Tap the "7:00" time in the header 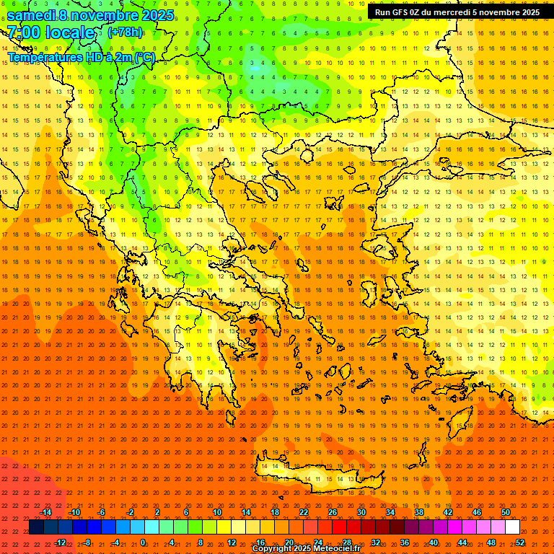pos(24,32)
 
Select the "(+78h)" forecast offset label pos(126,32)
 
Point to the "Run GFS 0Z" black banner pos(459,12)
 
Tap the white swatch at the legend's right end pos(512,527)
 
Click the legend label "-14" pos(45,512)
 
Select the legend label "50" pos(506,512)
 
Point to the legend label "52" pos(520,542)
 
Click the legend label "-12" pos(60,542)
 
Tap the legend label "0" pos(143,542)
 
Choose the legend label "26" pos(332,512)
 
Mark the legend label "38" pos(419,512)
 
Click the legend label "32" pos(376,542)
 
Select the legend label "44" pos(462,542)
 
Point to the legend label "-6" pos(101,512)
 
